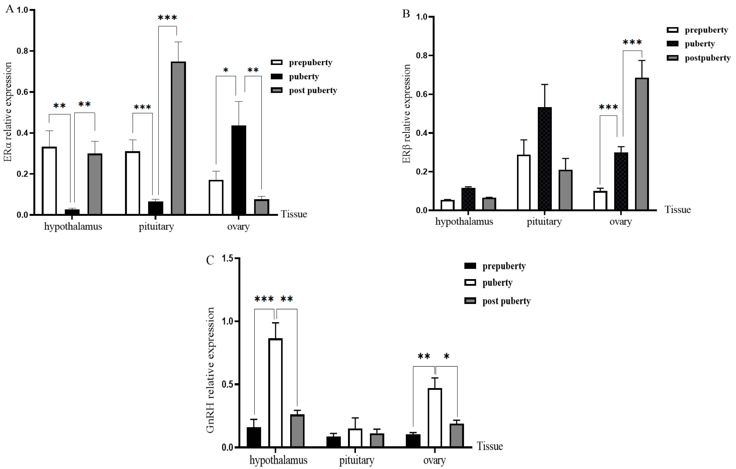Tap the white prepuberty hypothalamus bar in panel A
(49, 181)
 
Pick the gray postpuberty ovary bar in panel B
(642, 144)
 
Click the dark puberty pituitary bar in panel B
(545, 159)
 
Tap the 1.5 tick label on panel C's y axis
(227, 258)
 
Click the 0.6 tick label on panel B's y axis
(422, 94)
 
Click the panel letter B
(406, 14)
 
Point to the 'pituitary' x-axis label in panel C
(356, 460)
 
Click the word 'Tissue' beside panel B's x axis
(678, 210)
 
